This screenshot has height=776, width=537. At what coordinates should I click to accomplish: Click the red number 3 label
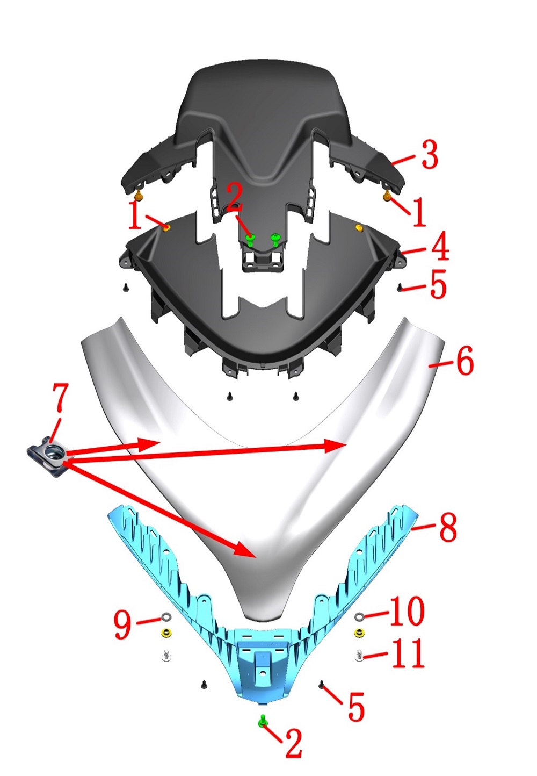(x=430, y=155)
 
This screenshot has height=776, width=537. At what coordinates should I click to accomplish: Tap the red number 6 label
(x=465, y=361)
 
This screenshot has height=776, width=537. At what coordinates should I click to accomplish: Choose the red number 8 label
(x=448, y=527)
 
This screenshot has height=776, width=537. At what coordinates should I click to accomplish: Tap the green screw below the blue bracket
(x=263, y=721)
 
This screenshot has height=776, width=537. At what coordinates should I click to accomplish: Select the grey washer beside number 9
(x=166, y=616)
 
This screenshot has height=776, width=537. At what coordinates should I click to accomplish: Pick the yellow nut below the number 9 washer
(x=166, y=633)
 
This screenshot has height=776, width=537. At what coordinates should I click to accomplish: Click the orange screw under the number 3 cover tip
(x=387, y=197)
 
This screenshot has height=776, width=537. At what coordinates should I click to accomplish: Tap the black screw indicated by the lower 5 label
(x=321, y=684)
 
